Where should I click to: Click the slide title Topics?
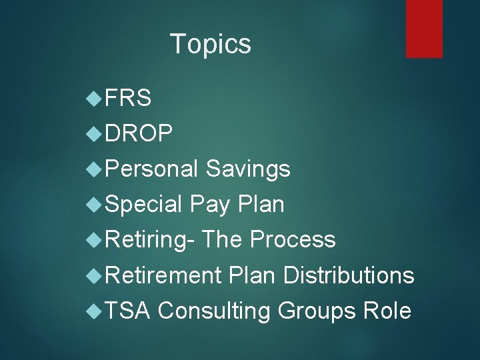point(211,44)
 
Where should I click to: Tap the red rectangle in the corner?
point(424,28)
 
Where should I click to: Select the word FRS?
point(127,99)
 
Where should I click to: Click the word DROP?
point(139,134)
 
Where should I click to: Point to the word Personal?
point(151,169)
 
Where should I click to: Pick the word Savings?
point(248,169)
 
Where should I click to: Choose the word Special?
point(143,205)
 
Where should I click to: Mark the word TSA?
point(128,311)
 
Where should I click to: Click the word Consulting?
point(215,311)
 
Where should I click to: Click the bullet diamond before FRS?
point(94,99)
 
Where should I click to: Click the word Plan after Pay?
point(261,205)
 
